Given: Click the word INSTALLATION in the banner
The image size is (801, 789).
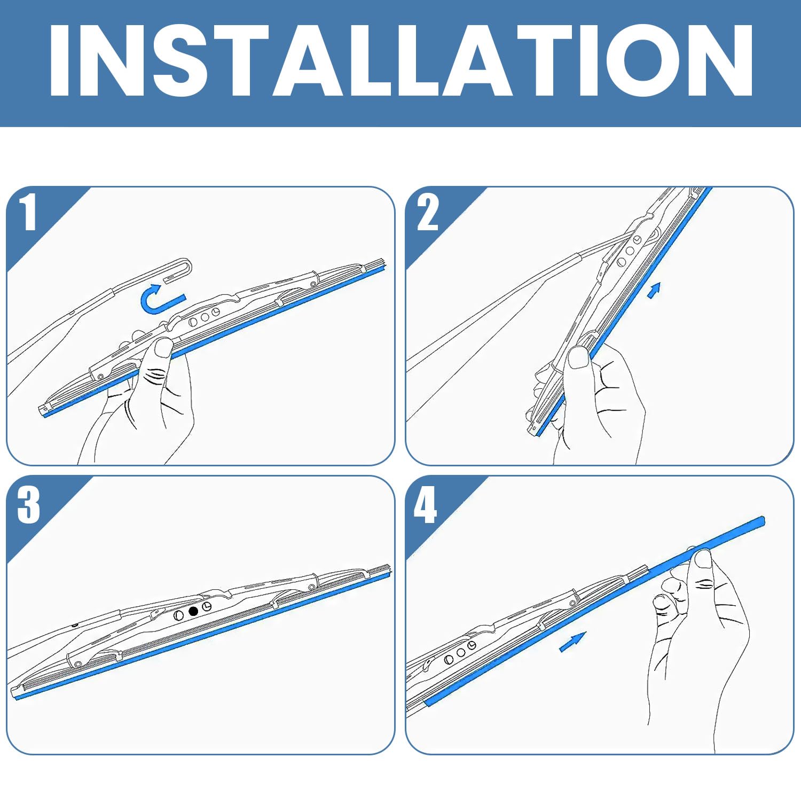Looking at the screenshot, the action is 400,60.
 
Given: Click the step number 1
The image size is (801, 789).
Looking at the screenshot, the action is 28,212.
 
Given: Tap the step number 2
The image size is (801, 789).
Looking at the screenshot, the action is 428,212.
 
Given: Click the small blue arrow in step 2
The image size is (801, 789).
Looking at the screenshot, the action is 654,290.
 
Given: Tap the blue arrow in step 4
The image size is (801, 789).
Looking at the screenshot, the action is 572,642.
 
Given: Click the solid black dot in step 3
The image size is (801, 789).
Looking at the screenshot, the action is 193,611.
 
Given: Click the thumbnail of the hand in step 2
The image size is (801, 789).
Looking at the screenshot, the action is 578,356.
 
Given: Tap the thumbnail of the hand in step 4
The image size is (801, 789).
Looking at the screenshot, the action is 703,559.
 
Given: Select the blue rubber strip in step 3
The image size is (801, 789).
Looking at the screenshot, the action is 202,634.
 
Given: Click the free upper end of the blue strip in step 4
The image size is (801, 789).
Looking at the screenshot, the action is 763,519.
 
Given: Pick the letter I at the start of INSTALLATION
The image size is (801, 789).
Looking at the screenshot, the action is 60,60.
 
